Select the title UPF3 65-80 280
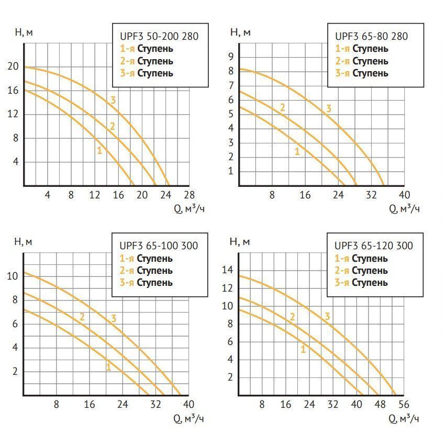coord(371,36)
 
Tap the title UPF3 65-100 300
coord(159,246)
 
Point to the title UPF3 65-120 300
coord(373,246)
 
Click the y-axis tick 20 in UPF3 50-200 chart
coord(13,66)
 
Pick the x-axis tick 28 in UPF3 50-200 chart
coord(190,195)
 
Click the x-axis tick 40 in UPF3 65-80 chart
coord(405,195)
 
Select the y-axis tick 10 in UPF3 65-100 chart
coord(13,276)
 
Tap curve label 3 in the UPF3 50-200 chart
coord(113,101)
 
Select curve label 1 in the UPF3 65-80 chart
coord(297,152)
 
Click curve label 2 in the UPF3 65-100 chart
coord(82,317)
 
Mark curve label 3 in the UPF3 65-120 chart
coord(328,316)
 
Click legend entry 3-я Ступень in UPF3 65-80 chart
coord(362,73)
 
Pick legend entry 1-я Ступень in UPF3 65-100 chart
coord(146,258)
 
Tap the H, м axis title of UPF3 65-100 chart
coord(23,241)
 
